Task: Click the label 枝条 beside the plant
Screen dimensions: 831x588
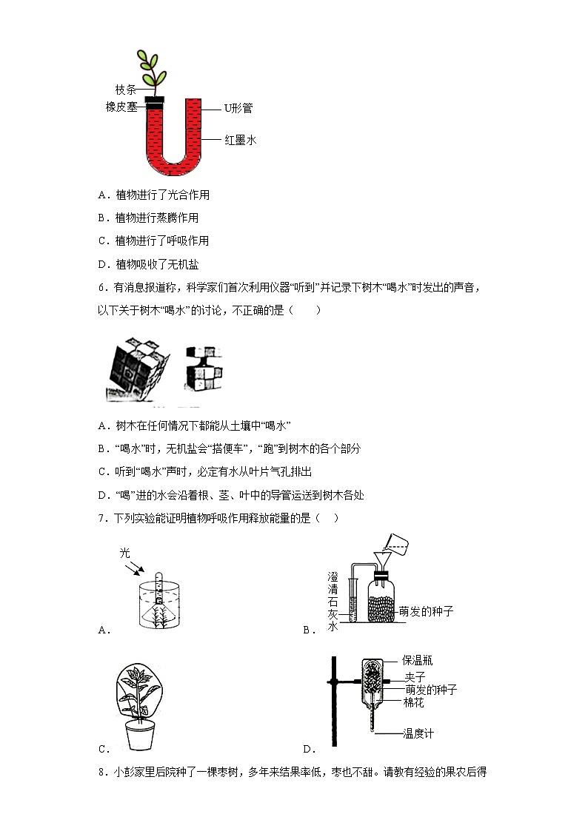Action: point(125,90)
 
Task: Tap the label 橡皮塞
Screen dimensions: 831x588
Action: point(121,107)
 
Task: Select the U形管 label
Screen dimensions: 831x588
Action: point(238,108)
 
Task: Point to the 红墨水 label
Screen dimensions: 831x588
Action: point(240,139)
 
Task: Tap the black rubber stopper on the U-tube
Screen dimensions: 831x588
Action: point(154,104)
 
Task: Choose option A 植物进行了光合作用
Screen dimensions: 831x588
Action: point(153,195)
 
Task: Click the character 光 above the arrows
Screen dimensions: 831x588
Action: point(125,554)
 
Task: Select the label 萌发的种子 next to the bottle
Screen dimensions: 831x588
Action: point(425,611)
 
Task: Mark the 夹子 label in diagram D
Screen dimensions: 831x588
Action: point(413,676)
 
